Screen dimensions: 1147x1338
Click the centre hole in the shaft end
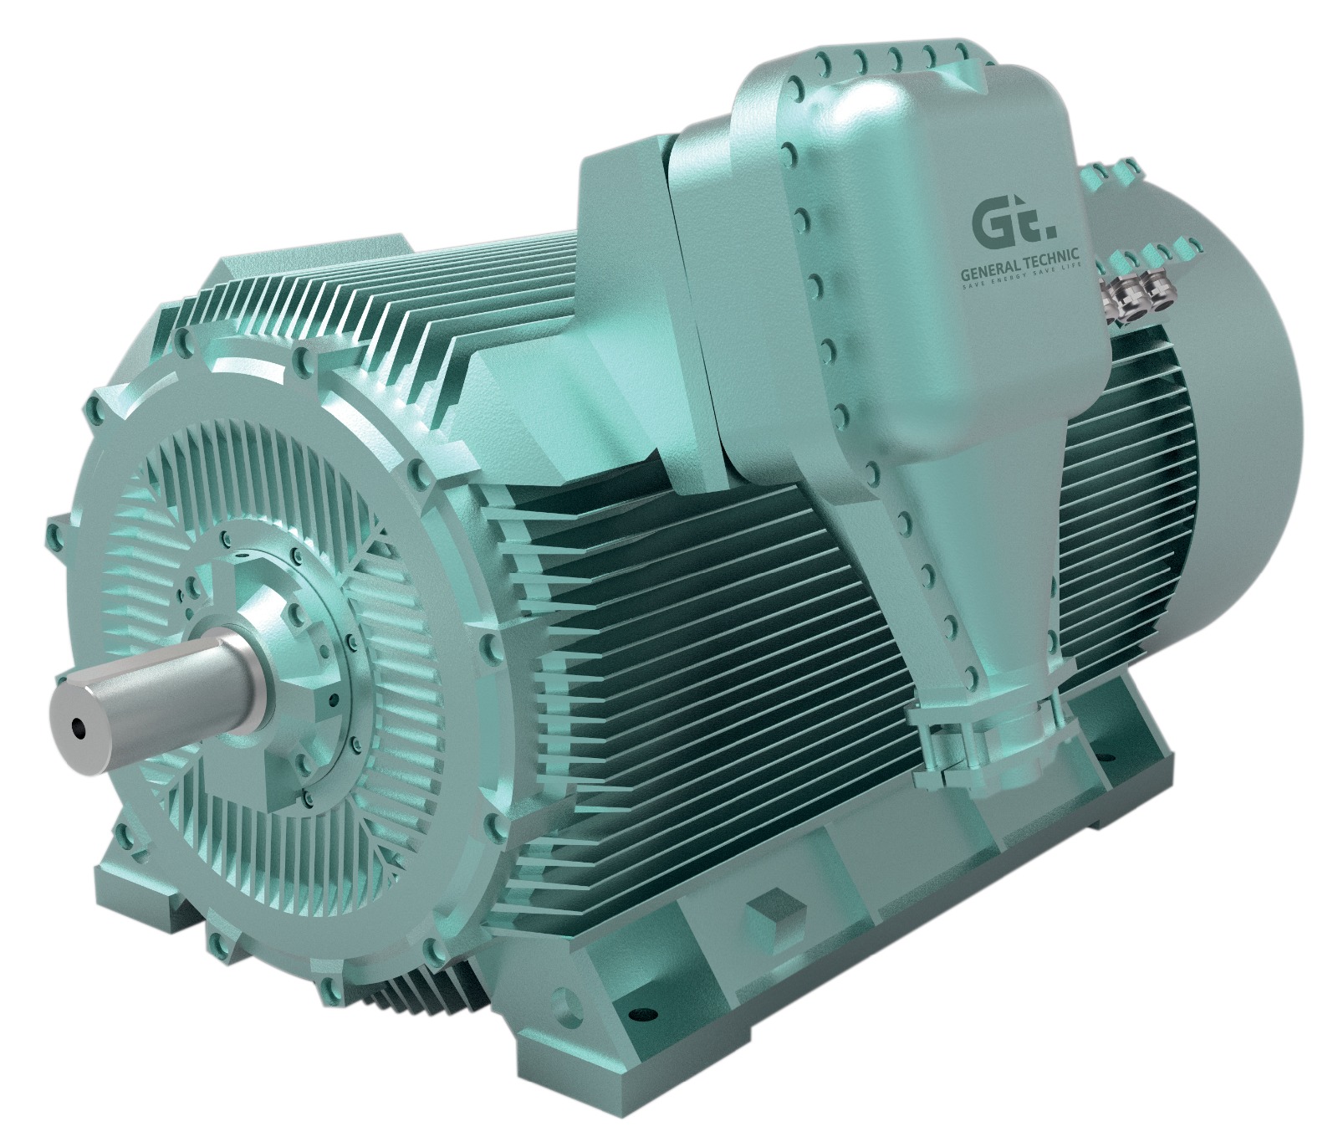(79, 727)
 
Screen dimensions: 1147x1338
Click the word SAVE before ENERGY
(975, 268)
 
